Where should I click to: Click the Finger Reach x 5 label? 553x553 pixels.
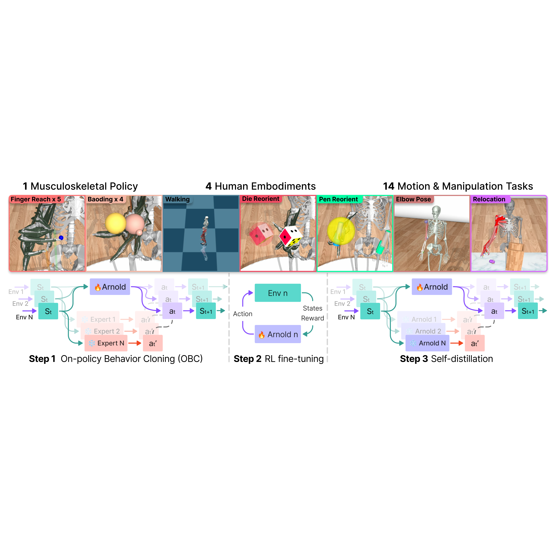(36, 199)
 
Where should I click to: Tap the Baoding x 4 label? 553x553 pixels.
(105, 199)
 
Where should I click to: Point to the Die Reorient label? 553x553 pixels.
(260, 199)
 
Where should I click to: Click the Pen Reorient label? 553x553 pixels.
(338, 199)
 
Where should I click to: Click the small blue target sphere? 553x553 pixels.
(61, 238)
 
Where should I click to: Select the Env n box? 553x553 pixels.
(278, 293)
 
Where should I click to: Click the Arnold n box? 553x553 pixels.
(278, 334)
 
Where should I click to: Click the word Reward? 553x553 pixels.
(313, 318)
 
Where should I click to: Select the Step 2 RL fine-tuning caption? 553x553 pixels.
(279, 359)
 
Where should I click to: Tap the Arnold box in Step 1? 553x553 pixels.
(110, 287)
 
